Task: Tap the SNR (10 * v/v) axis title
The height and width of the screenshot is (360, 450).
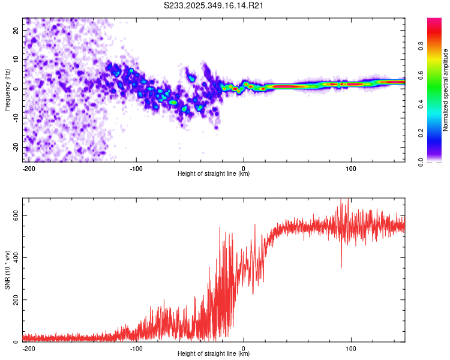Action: [7, 270]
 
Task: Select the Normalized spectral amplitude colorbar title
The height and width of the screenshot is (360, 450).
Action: [446, 90]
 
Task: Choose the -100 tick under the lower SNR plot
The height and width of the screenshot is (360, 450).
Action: [136, 348]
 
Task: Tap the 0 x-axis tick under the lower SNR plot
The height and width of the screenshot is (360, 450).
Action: [244, 348]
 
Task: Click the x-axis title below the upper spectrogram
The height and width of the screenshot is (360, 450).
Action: [214, 174]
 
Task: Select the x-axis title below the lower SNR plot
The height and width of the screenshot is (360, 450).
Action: [214, 354]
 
